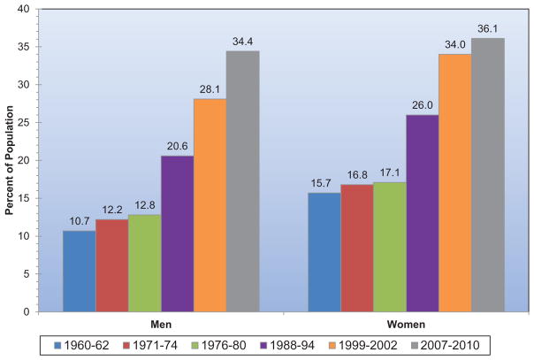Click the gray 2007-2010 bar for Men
(243, 181)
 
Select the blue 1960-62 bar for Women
(324, 252)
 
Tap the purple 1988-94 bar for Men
(178, 234)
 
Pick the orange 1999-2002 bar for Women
(455, 183)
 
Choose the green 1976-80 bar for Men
(145, 264)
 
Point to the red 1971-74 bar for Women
(357, 248)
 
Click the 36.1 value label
(488, 28)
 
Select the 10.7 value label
(80, 221)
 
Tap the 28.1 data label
(210, 89)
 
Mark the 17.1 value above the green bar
(390, 173)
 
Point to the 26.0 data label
(423, 105)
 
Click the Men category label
(161, 325)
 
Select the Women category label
(406, 325)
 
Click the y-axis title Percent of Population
(9, 160)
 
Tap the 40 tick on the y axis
(24, 9)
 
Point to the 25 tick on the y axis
(24, 123)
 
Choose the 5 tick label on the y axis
(27, 274)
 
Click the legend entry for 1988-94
(287, 346)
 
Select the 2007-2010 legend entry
(445, 346)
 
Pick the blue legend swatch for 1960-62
(57, 346)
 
